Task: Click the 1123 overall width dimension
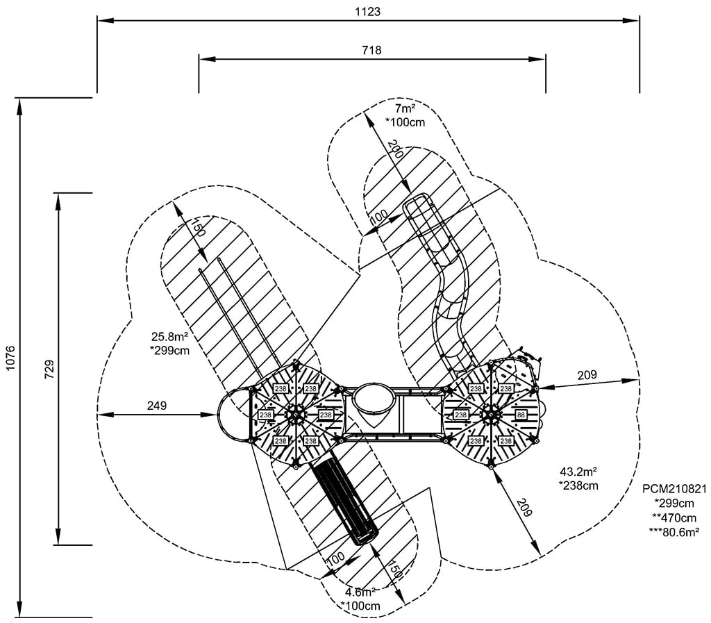[x=368, y=12]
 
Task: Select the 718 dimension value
[x=371, y=50]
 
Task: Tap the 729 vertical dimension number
[x=49, y=368]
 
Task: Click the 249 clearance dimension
[x=157, y=406]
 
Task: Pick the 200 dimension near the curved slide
[x=394, y=151]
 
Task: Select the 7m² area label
[x=404, y=110]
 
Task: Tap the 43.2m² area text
[x=578, y=472]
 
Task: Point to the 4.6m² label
[x=361, y=592]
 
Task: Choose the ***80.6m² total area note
[x=674, y=532]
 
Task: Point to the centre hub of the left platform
[x=296, y=415]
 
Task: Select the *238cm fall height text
[x=578, y=485]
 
